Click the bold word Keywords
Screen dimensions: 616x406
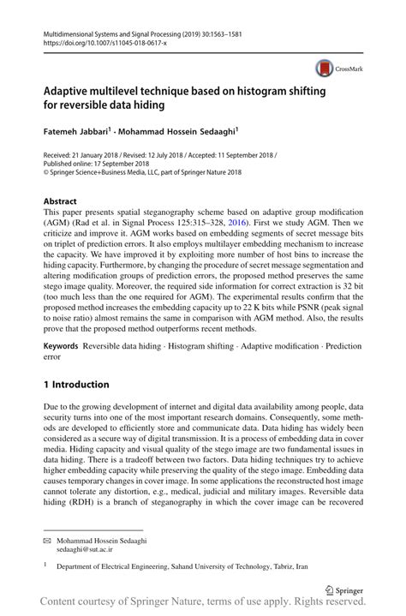click(60, 347)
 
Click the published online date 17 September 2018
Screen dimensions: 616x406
click(119, 164)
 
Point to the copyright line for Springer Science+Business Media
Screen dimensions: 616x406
click(142, 172)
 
